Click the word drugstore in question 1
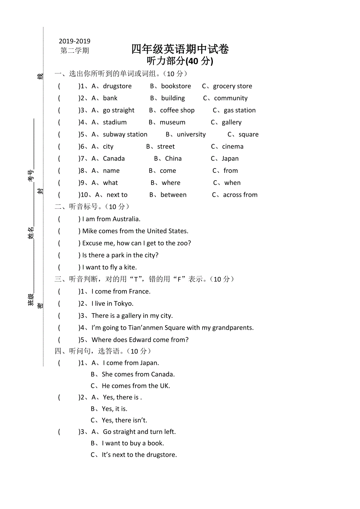[x=117, y=86]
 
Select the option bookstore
[x=176, y=86]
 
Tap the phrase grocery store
[x=232, y=86]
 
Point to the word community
[x=231, y=98]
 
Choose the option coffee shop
[x=177, y=110]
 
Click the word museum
[x=173, y=122]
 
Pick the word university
[x=191, y=134]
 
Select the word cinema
[x=233, y=147]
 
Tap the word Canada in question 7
[x=114, y=159]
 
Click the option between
[x=174, y=195]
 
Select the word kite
[x=130, y=267]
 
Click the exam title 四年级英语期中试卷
[x=180, y=49]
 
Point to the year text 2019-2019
[x=75, y=41]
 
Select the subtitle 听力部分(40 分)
[x=180, y=61]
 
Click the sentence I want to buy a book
[x=133, y=443]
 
